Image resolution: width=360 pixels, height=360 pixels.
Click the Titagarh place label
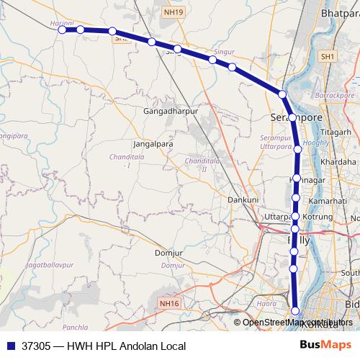(335, 132)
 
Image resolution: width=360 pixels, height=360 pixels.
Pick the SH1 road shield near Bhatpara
(328, 56)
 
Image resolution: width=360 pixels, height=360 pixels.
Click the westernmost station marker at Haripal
(63, 30)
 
